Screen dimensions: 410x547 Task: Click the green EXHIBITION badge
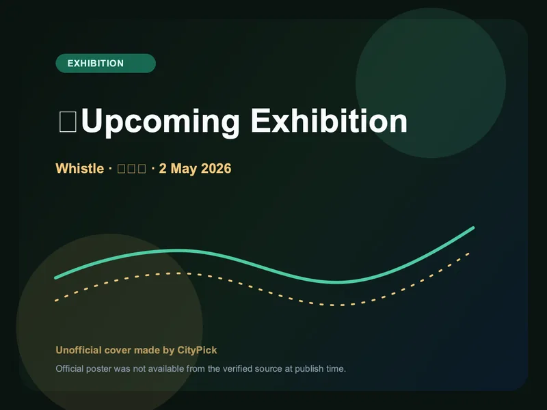click(x=105, y=64)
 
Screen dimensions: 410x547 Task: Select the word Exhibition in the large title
click(x=329, y=122)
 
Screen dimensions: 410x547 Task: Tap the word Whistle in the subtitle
click(x=79, y=168)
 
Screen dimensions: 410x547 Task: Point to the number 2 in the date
click(x=163, y=168)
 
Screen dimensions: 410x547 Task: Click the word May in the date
click(x=183, y=168)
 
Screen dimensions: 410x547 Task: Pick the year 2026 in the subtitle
click(x=216, y=168)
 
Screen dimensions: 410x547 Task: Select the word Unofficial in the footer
click(x=78, y=350)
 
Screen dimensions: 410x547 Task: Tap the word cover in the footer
click(x=117, y=350)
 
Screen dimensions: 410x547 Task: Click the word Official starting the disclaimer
click(x=69, y=369)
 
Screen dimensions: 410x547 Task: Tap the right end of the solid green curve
click(x=473, y=228)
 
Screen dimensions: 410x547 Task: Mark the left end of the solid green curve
click(x=56, y=277)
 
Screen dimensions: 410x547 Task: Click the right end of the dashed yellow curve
click(x=469, y=253)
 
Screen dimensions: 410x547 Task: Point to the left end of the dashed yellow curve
click(x=56, y=300)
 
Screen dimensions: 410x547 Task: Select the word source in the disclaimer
click(x=273, y=369)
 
